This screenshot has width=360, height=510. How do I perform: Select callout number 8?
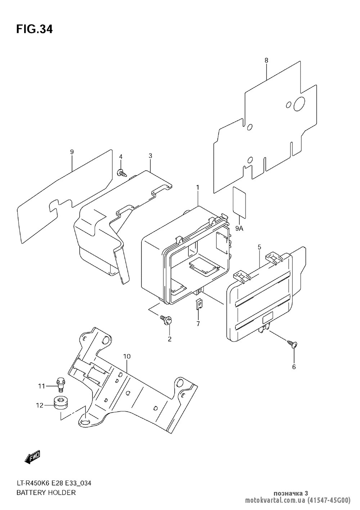(266, 61)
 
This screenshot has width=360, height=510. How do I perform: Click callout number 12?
(39, 405)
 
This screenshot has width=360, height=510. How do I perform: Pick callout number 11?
(41, 386)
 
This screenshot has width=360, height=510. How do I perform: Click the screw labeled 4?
(121, 173)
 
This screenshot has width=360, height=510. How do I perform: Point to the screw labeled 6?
(292, 344)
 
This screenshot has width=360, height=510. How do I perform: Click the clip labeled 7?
(198, 304)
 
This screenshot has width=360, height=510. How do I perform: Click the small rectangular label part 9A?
(239, 202)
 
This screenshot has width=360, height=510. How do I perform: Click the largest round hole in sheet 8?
(299, 104)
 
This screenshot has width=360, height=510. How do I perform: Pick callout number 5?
(259, 247)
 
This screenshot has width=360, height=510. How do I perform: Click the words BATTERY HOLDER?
(46, 492)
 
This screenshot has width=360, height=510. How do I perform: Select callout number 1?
(198, 187)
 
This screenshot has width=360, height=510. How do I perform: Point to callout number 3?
(150, 156)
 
